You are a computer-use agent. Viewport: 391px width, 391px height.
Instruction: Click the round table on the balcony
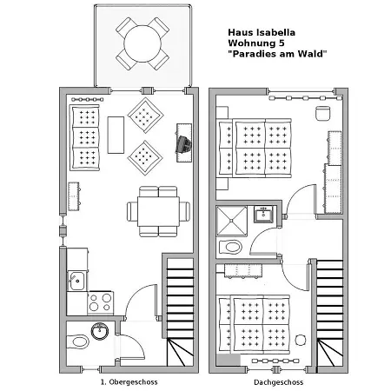142,43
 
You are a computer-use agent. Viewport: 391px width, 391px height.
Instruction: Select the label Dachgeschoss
278,382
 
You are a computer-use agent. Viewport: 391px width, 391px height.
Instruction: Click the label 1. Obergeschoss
129,382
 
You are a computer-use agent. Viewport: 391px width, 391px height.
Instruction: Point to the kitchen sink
76,281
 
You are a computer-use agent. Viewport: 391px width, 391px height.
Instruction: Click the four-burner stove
100,302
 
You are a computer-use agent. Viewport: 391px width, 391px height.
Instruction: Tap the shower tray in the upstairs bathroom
232,221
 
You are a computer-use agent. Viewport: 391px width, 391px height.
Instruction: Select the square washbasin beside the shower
263,214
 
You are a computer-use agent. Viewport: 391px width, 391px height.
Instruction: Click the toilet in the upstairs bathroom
230,247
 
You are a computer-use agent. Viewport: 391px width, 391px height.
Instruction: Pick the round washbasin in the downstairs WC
100,331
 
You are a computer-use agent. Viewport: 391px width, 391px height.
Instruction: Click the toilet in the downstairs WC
77,342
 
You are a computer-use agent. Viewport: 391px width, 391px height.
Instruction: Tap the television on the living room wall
184,143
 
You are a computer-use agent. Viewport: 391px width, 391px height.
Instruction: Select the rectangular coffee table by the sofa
116,135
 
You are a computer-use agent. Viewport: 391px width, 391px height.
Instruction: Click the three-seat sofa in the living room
84,138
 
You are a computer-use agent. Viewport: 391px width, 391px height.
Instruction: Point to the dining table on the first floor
158,211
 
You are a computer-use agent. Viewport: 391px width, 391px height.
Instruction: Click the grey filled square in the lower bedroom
229,360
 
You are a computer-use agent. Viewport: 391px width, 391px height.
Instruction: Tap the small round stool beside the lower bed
301,340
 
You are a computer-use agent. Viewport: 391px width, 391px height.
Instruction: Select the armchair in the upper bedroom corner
322,113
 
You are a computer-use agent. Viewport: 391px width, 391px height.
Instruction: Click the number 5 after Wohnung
282,43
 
